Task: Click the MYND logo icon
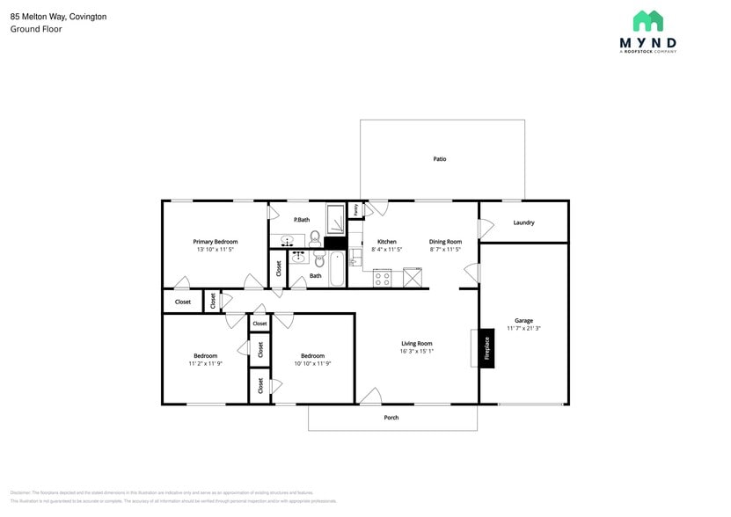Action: click(648, 20)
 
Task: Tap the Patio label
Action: click(439, 159)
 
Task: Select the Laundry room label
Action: click(523, 222)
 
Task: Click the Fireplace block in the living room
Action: click(486, 349)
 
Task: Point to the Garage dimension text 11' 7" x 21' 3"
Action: click(523, 329)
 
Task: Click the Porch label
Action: click(391, 418)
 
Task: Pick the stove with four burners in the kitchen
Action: click(383, 279)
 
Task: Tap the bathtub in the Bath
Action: click(339, 270)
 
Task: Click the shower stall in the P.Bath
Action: click(335, 218)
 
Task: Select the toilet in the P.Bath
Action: click(315, 237)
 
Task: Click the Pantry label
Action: click(355, 209)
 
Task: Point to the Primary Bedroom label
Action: click(216, 241)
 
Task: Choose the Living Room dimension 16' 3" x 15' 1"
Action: click(416, 352)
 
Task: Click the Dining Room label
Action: click(445, 241)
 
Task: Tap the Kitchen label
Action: click(386, 241)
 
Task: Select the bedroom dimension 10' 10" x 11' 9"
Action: click(312, 363)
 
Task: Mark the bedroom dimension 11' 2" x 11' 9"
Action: click(205, 363)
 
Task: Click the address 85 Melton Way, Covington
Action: click(58, 16)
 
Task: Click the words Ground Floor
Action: click(36, 29)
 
